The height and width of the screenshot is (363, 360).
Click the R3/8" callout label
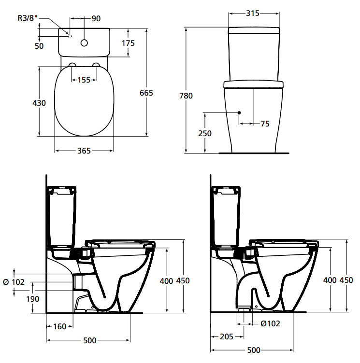click(x=28, y=18)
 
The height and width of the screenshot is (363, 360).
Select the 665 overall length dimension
click(x=146, y=93)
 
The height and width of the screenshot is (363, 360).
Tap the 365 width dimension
click(x=84, y=151)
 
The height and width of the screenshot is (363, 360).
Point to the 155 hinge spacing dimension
click(x=84, y=80)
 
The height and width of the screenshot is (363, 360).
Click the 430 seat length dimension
click(x=39, y=103)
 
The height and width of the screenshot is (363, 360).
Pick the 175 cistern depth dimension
click(x=128, y=43)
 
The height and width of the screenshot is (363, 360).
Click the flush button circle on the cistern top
click(x=84, y=43)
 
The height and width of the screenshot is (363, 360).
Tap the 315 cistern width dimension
click(x=253, y=13)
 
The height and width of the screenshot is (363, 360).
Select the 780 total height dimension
click(x=186, y=96)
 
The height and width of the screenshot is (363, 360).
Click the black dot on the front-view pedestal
click(x=239, y=112)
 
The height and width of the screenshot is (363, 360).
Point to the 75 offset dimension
click(x=265, y=124)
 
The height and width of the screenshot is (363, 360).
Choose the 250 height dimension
click(x=205, y=133)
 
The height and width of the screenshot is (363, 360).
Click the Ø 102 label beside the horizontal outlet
click(x=14, y=282)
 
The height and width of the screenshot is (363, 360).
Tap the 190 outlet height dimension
click(x=33, y=299)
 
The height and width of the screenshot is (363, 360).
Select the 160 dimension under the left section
click(x=60, y=326)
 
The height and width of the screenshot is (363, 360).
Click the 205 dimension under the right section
click(x=227, y=336)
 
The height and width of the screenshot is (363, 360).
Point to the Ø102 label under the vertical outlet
click(x=270, y=323)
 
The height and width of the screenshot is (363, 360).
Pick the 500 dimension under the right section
click(x=254, y=350)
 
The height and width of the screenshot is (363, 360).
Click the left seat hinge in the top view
click(x=72, y=65)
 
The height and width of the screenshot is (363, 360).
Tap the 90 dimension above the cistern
click(x=96, y=18)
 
